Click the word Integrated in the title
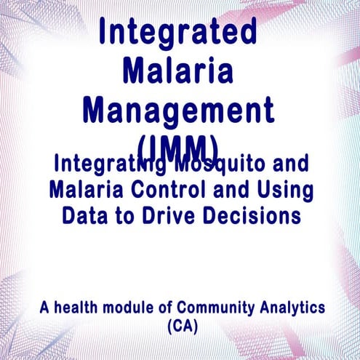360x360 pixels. coord(178,33)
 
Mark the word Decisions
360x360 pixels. coord(252,216)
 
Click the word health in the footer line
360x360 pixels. coord(77,308)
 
